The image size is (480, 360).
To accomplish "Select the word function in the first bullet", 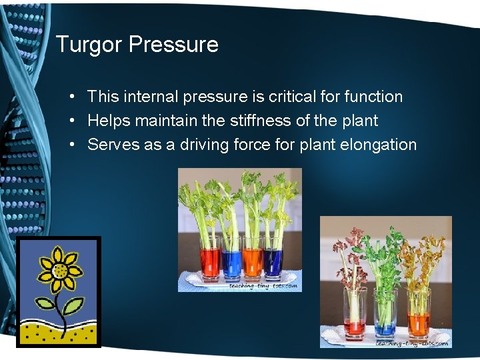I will [373, 97].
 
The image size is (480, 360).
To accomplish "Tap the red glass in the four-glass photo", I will [209, 261].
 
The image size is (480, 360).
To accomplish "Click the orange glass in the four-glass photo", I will [253, 261].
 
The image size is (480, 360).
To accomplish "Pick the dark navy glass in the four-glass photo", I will [273, 261].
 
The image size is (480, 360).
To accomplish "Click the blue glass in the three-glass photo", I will [385, 317].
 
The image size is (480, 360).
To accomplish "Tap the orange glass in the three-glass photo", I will [419, 317].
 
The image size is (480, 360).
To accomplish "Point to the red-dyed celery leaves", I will [349, 257].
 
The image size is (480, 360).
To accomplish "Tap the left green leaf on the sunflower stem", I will [45, 305].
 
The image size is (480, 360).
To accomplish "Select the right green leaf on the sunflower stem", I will [73, 306].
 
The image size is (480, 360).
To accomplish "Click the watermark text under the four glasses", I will [263, 286].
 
